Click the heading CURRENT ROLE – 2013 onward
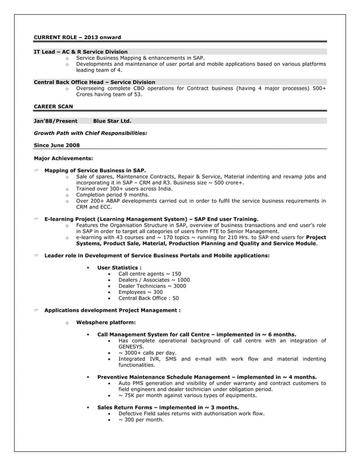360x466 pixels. click(77, 38)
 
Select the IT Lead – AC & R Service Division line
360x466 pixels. click(81, 52)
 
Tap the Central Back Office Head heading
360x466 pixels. click(94, 82)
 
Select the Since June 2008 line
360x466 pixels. click(56, 145)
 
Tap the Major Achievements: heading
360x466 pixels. click(63, 159)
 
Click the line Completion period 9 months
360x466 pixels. click(112, 195)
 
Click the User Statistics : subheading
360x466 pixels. click(119, 267)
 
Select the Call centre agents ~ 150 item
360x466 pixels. click(150, 274)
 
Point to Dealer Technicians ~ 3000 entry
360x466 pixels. click(152, 286)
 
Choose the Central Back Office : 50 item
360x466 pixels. click(148, 298)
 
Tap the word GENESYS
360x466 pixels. click(131, 347)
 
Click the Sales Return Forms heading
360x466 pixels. click(168, 407)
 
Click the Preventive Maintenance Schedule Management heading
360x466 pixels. click(207, 377)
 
